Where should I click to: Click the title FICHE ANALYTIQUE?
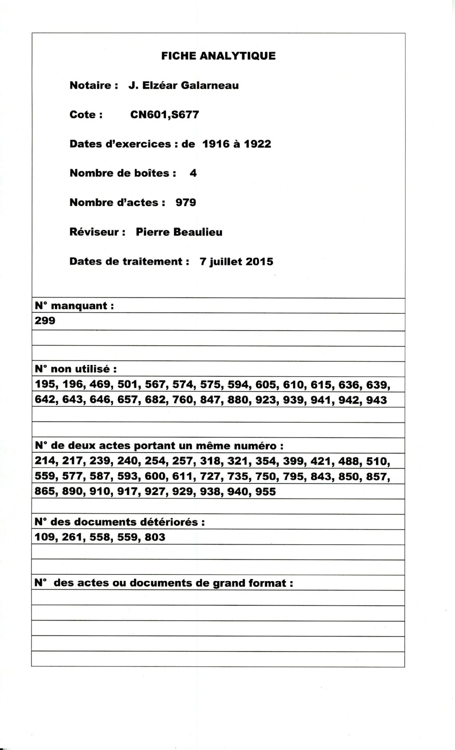tap(218, 56)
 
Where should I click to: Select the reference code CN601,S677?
tap(164, 115)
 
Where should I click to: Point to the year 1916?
tap(216, 144)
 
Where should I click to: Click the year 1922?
tap(256, 144)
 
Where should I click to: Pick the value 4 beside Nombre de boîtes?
tap(193, 173)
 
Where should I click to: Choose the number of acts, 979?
tap(186, 203)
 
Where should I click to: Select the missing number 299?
tap(45, 321)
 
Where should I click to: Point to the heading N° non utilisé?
tap(76, 369)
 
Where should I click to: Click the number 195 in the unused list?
tap(45, 385)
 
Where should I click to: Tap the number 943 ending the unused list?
tap(376, 400)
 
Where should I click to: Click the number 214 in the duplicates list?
tap(45, 461)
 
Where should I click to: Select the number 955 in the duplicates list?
tap(265, 492)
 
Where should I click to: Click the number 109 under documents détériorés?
tap(45, 537)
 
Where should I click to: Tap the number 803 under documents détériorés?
tap(155, 537)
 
